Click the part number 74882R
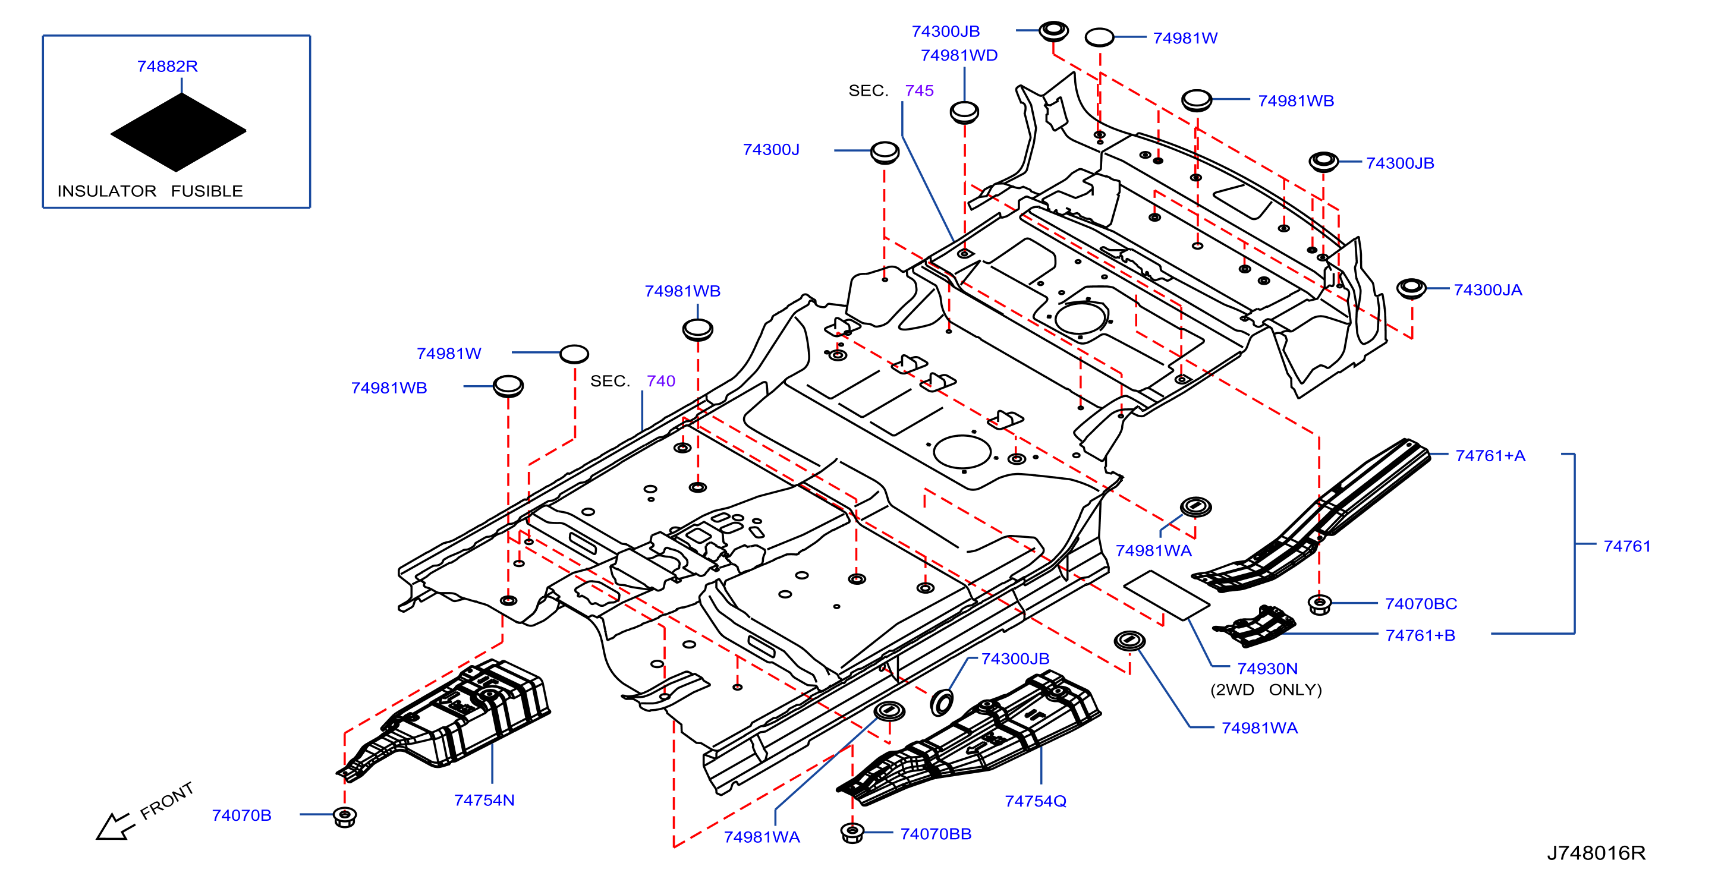168,67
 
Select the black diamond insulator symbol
179,132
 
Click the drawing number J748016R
1596,853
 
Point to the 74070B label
241,815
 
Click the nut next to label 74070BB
852,833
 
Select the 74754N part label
484,800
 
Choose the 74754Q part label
1036,801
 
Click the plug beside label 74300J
885,153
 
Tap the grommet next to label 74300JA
1411,289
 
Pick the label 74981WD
959,55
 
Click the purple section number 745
919,91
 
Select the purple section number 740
661,382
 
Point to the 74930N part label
1267,669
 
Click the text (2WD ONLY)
1266,690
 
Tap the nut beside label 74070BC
1319,604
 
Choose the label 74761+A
1490,456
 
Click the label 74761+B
1421,635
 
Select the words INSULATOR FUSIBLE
150,191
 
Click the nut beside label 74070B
345,816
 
